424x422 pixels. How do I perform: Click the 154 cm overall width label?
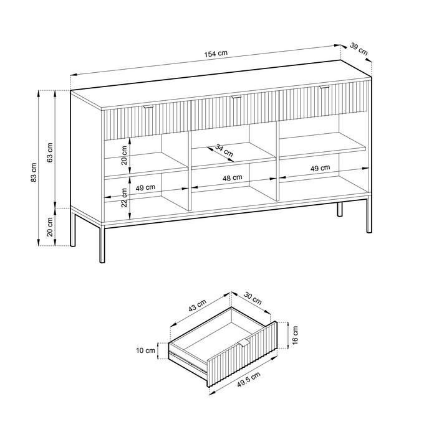[x=214, y=54]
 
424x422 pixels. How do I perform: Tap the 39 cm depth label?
[x=358, y=49]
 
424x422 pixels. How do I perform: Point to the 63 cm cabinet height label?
[x=51, y=151]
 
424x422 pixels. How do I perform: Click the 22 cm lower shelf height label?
[x=124, y=196]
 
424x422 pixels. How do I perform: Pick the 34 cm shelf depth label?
[x=224, y=150]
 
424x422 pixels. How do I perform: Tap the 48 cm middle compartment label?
[x=232, y=178]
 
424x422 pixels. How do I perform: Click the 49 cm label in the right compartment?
[x=320, y=168]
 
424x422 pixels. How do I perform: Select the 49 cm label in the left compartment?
[x=145, y=188]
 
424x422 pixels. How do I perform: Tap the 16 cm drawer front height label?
[x=295, y=336]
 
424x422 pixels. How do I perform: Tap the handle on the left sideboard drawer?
[x=148, y=108]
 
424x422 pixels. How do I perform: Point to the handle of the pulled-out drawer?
[x=244, y=345]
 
